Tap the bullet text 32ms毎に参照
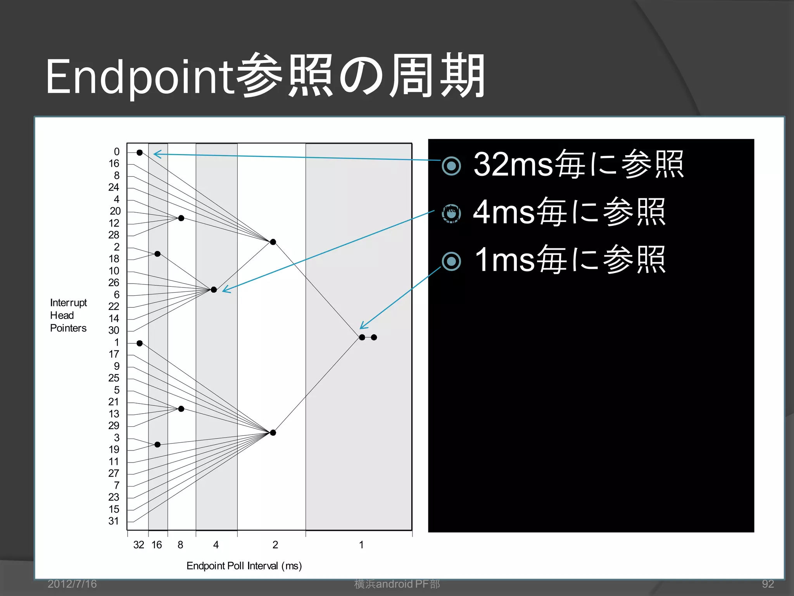click(x=578, y=165)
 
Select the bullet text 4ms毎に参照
click(x=569, y=212)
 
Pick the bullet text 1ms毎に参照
click(x=570, y=260)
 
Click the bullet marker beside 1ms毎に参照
click(x=451, y=261)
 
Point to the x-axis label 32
click(x=138, y=545)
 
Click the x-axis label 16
click(x=157, y=545)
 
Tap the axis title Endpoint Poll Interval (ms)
click(x=244, y=566)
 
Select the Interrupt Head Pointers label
click(x=68, y=315)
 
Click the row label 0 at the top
click(x=116, y=152)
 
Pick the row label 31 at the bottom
click(x=114, y=521)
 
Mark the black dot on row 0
click(x=140, y=152)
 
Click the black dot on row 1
click(x=140, y=343)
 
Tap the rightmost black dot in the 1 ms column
click(x=374, y=337)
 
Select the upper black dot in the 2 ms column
click(x=273, y=242)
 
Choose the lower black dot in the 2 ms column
click(x=273, y=433)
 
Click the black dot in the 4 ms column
click(x=214, y=289)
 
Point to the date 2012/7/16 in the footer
click(x=72, y=584)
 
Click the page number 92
click(x=768, y=584)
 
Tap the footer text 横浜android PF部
click(x=397, y=584)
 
